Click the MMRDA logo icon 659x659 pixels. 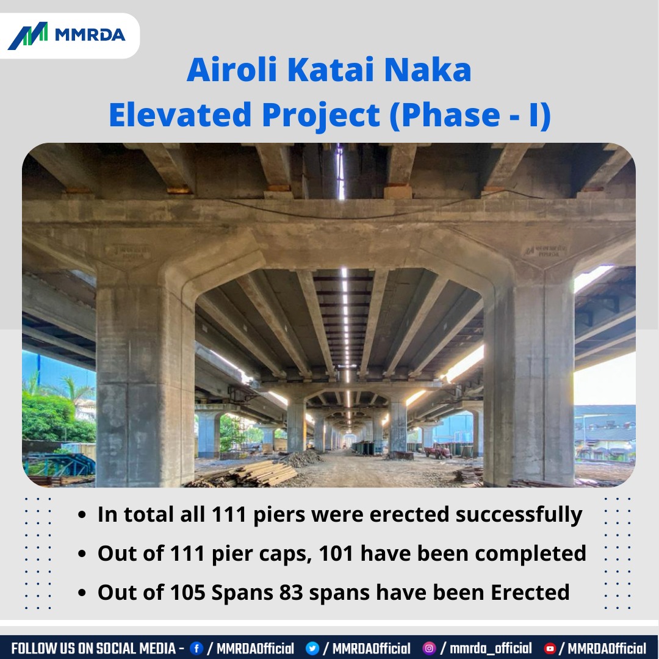pyautogui.click(x=27, y=35)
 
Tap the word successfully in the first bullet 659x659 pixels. pyautogui.click(x=519, y=515)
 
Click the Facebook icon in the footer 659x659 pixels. pyautogui.click(x=196, y=648)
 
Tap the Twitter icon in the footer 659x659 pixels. pyautogui.click(x=312, y=648)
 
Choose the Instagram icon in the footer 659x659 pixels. pyautogui.click(x=430, y=648)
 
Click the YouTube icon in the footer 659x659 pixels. pyautogui.click(x=550, y=648)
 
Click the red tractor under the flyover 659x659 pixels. pyautogui.click(x=438, y=451)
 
